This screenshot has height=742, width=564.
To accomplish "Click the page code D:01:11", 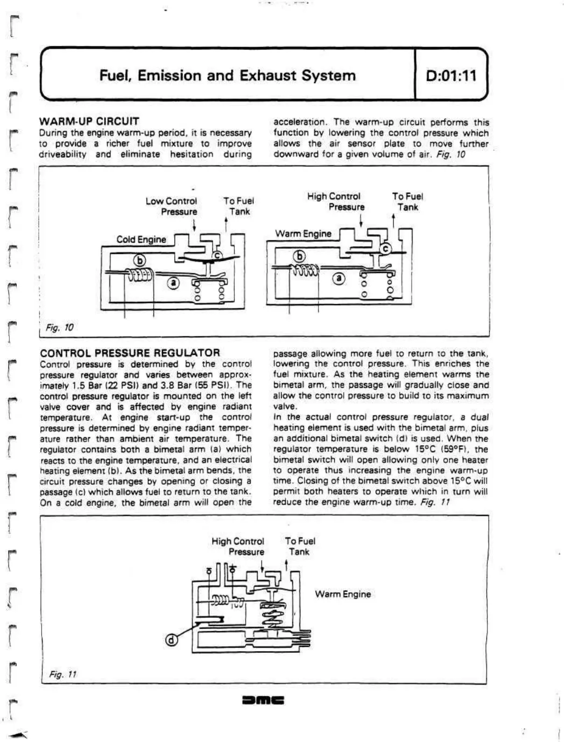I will click(x=451, y=75).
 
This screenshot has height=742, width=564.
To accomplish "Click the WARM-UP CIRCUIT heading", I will click(x=90, y=121).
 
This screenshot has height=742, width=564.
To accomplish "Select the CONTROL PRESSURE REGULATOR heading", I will click(x=130, y=353).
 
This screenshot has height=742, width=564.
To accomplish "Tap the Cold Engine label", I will click(x=141, y=239).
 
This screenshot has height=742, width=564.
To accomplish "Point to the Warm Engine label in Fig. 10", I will click(x=303, y=233).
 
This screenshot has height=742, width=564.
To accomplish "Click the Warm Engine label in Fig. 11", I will click(x=343, y=594).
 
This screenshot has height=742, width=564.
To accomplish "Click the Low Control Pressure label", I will click(x=171, y=206).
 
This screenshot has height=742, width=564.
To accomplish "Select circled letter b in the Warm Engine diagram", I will click(x=299, y=256).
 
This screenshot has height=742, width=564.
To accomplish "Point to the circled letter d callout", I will click(x=171, y=640).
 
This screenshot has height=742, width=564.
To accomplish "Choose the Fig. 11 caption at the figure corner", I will click(x=62, y=674).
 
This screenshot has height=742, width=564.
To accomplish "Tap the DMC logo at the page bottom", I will click(x=263, y=700).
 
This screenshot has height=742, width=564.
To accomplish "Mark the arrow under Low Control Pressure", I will click(x=194, y=225).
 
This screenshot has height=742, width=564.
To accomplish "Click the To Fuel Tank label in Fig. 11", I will click(x=300, y=546).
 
